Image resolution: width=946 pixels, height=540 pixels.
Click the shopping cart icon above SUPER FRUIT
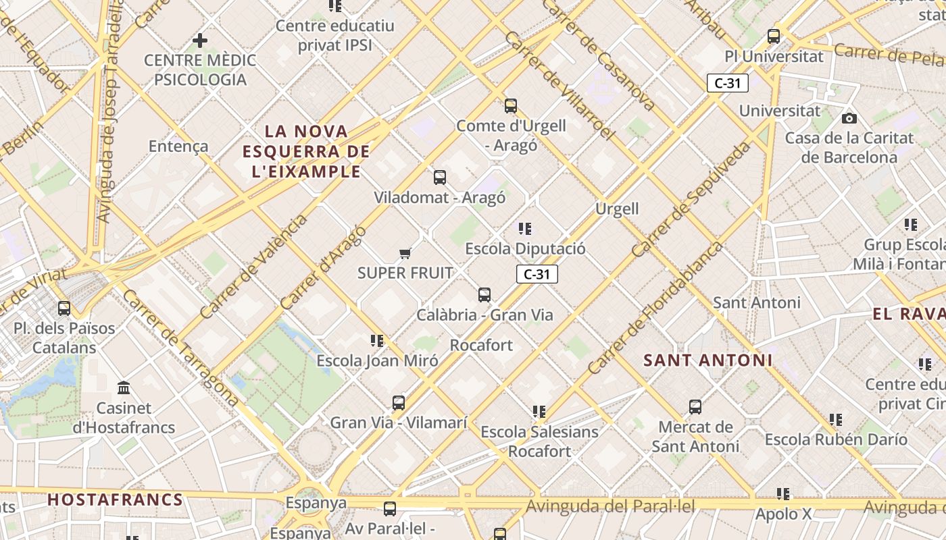click(x=405, y=253)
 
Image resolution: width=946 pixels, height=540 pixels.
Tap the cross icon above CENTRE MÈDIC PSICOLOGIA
click(x=200, y=40)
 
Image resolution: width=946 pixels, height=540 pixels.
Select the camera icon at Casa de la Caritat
click(x=849, y=119)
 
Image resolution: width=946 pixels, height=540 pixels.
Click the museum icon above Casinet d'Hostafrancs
click(x=124, y=388)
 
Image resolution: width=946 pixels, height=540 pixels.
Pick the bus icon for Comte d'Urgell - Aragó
click(x=511, y=106)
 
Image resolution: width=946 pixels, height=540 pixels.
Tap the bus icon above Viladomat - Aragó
click(x=440, y=178)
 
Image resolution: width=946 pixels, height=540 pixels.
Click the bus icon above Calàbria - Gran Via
click(x=484, y=295)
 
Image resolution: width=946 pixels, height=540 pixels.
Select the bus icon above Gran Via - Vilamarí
click(x=399, y=403)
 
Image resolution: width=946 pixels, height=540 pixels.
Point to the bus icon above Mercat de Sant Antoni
click(x=695, y=407)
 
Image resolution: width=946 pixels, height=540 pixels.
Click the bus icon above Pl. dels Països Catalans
click(x=64, y=308)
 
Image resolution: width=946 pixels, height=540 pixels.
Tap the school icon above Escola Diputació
click(x=525, y=229)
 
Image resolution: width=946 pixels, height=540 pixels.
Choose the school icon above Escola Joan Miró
click(x=377, y=341)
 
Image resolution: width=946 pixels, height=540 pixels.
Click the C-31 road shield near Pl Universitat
click(x=728, y=83)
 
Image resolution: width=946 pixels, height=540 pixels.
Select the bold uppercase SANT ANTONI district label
click(x=707, y=360)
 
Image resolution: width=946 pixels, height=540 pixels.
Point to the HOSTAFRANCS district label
click(x=116, y=500)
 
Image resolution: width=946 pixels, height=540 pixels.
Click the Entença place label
click(x=178, y=146)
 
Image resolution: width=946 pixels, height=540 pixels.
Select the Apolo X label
click(x=784, y=514)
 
